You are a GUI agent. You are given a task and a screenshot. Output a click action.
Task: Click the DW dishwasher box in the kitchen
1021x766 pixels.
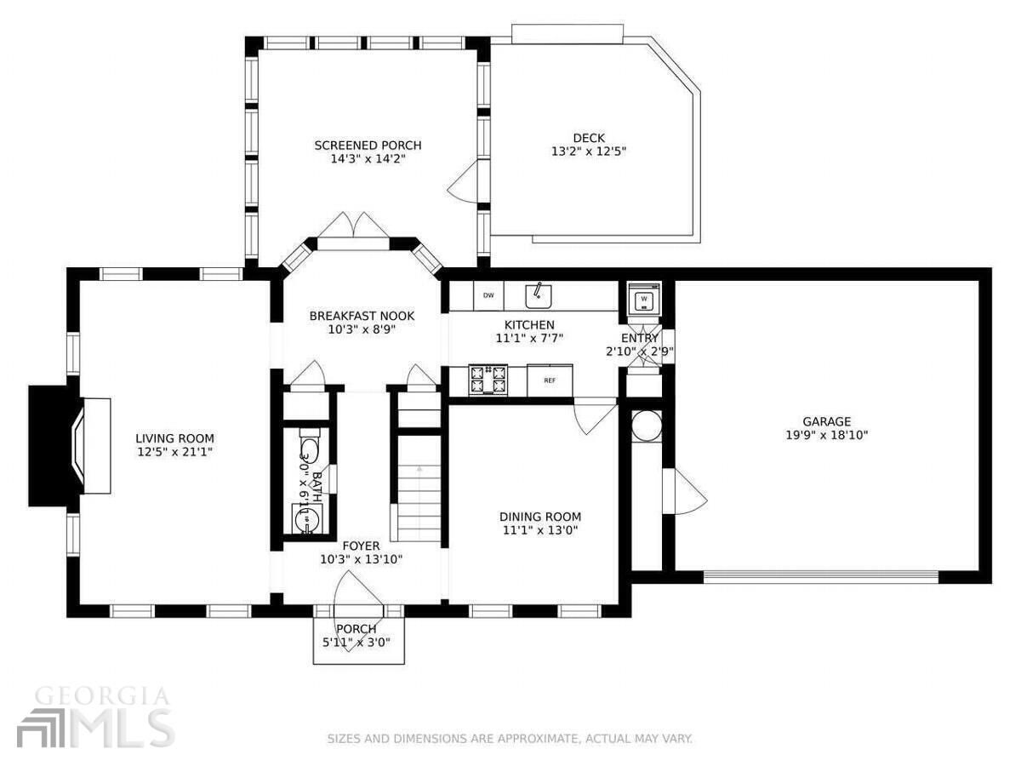point(488,295)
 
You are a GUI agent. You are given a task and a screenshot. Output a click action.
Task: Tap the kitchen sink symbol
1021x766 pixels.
point(537,295)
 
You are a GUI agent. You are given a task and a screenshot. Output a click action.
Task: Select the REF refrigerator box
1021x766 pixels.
point(550,380)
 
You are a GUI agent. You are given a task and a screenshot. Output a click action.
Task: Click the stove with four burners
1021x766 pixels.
point(489,380)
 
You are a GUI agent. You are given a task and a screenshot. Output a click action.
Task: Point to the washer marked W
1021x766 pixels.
point(644,300)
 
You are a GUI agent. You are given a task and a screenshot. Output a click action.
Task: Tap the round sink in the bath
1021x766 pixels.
point(304,517)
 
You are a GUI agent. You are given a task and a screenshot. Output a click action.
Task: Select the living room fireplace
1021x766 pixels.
point(70,445)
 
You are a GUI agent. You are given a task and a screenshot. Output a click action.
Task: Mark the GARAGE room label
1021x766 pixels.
point(826,421)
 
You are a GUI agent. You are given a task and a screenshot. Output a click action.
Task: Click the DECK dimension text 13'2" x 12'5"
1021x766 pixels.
point(589,151)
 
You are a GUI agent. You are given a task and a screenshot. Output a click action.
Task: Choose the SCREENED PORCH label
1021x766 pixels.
point(368,146)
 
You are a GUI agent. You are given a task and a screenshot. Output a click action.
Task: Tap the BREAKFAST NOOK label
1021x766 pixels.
point(362,316)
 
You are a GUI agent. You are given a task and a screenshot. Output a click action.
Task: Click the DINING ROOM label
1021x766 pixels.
point(539,517)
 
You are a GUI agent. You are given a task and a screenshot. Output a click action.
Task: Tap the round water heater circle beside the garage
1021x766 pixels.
point(646,426)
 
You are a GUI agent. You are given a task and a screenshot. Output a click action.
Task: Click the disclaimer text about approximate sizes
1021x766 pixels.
point(510,739)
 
